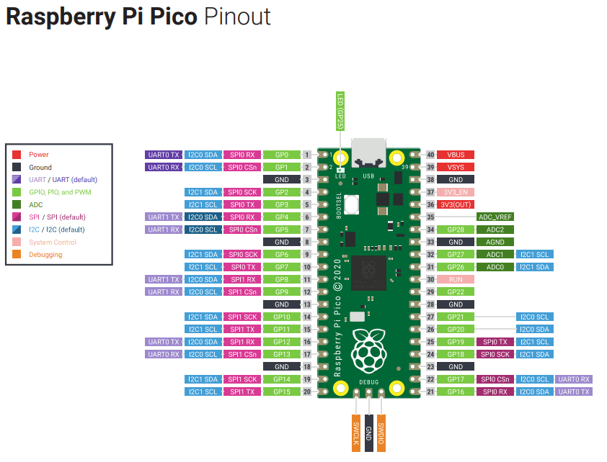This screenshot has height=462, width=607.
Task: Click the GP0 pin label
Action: point(281,155)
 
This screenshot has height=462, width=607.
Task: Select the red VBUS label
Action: point(456,155)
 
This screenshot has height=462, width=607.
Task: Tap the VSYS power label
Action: point(456,167)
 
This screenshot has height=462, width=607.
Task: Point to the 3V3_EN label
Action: point(456,192)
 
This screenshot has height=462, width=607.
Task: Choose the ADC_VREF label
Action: point(495,217)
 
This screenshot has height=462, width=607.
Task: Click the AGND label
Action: point(495,242)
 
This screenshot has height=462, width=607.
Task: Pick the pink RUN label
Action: point(456,279)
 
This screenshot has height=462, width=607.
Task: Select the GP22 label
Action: point(456,291)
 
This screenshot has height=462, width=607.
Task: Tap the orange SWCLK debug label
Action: point(356,432)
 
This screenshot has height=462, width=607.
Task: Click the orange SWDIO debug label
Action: point(381,432)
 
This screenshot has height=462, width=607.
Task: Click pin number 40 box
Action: point(430,155)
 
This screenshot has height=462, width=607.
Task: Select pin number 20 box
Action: point(306,391)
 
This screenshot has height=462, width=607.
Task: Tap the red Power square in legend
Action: point(17,155)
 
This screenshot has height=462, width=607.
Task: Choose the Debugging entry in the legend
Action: point(45,255)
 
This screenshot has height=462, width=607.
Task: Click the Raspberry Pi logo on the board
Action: point(368,350)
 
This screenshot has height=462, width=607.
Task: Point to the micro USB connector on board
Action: point(368,152)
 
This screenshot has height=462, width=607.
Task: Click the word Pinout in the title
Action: point(237,17)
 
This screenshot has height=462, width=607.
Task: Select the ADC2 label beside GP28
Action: point(495,230)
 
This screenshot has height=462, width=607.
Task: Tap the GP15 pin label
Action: point(281,391)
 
